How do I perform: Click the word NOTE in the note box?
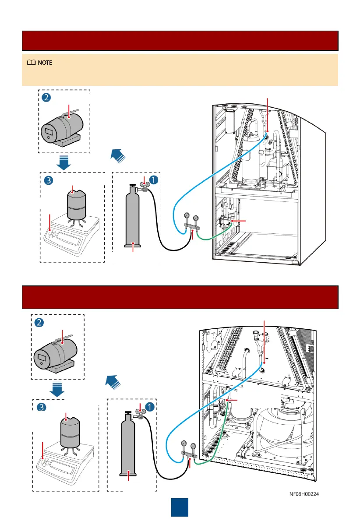point(45,63)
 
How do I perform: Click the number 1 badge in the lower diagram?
point(149,407)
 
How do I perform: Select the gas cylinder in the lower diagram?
point(128,447)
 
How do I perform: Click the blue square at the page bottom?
point(180,507)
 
